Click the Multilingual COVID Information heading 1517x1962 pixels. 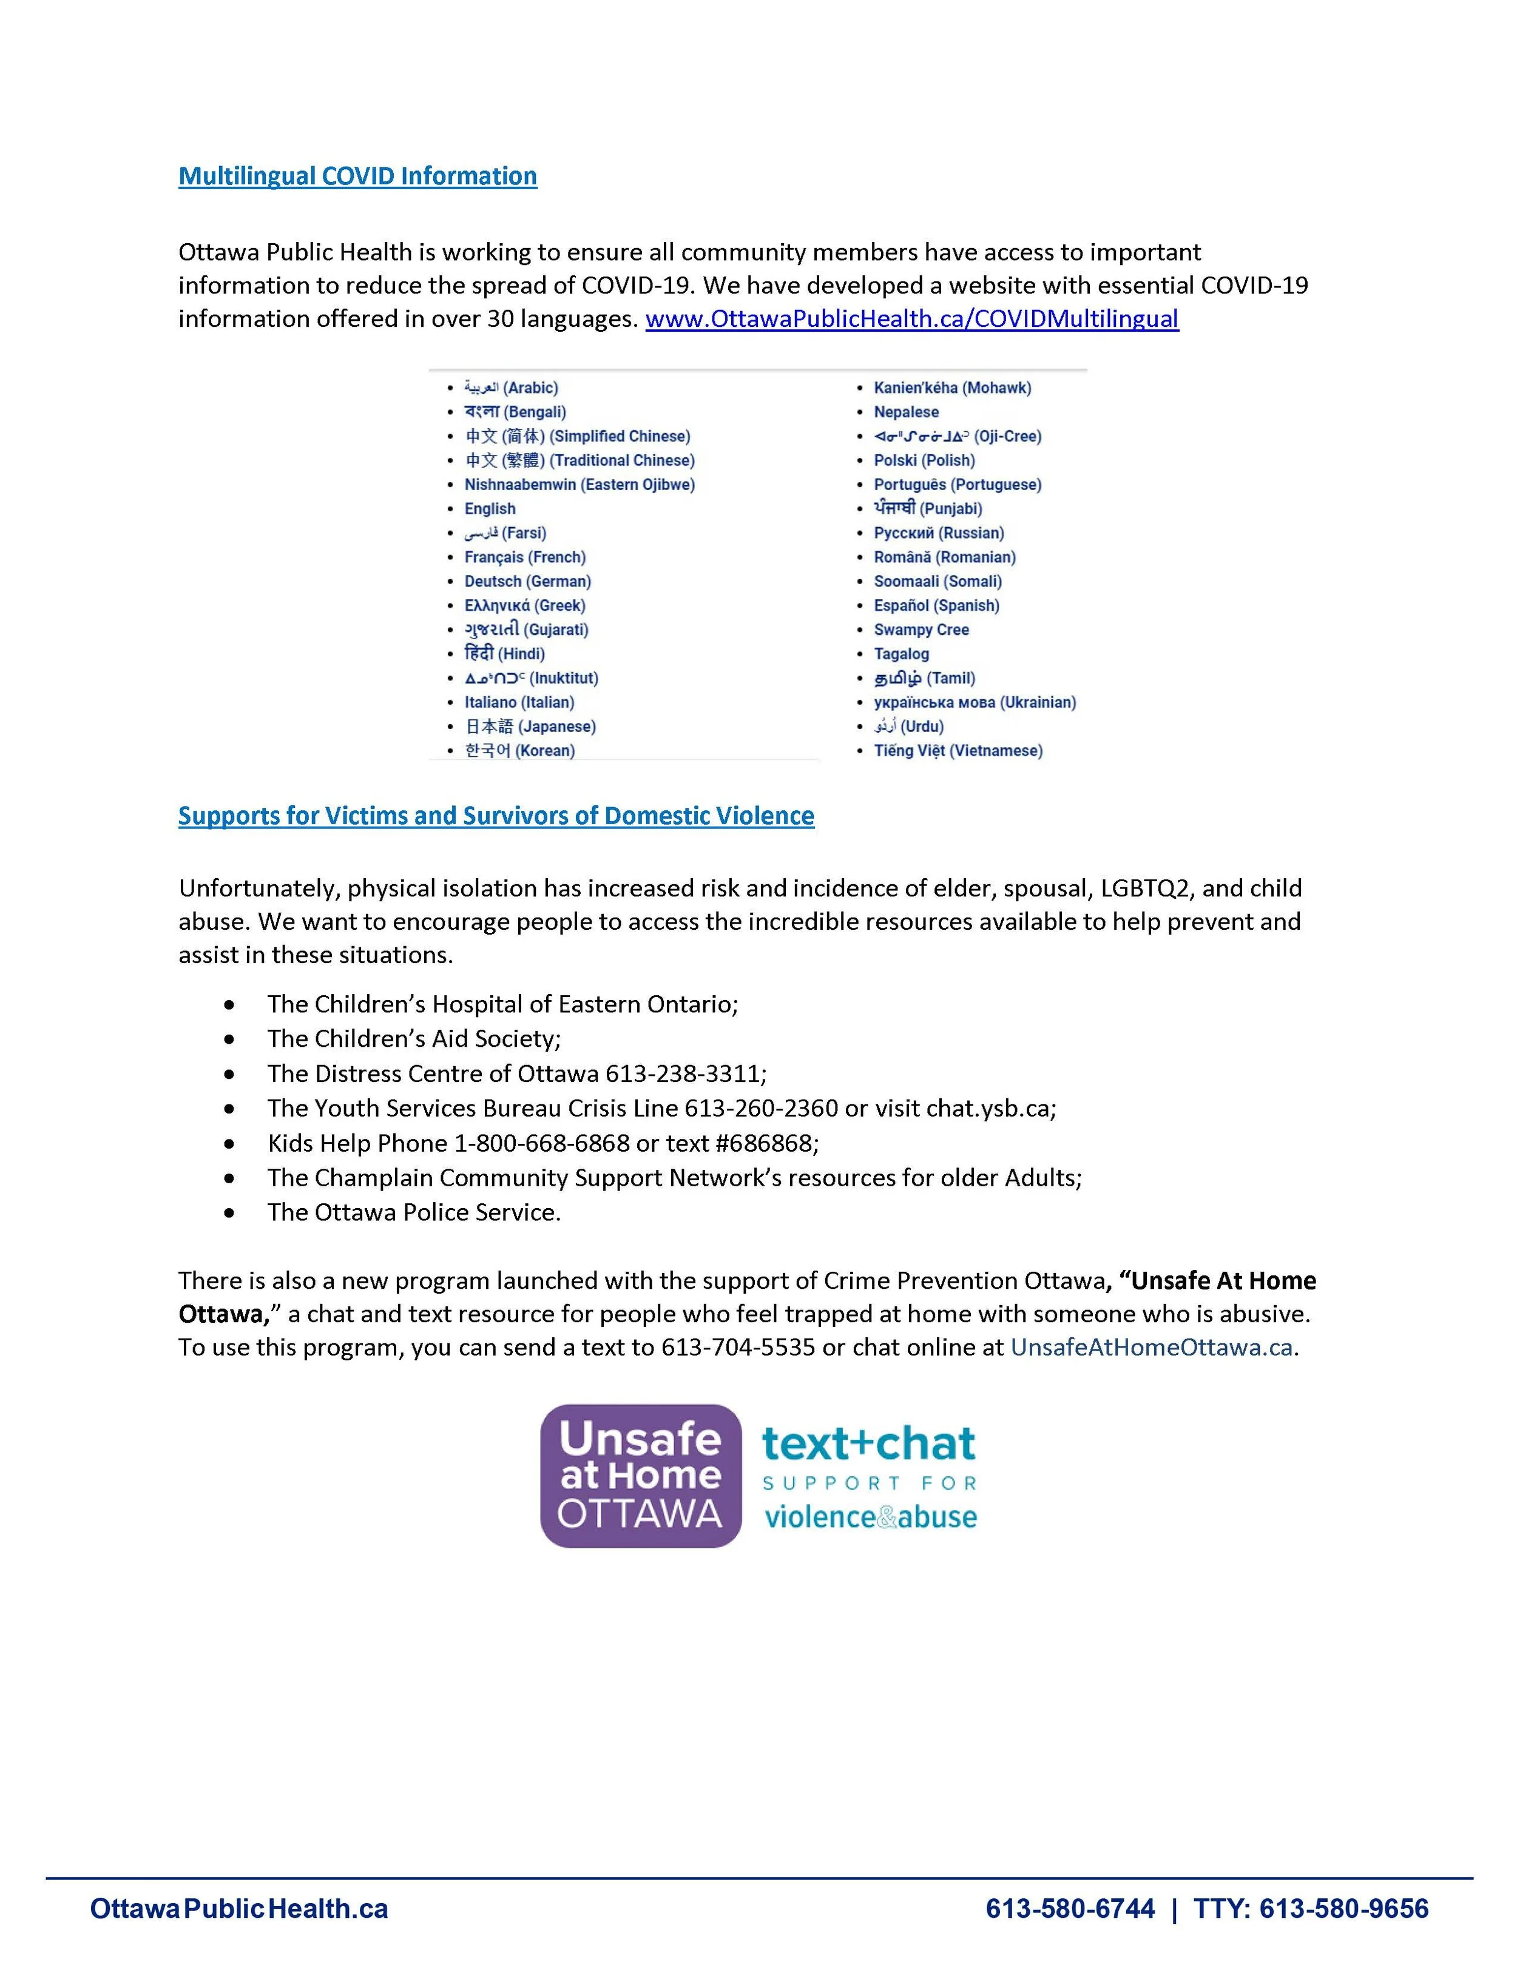[x=357, y=176]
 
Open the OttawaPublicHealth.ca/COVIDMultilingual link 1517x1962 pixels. [x=911, y=319]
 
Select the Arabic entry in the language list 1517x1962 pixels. [x=510, y=388]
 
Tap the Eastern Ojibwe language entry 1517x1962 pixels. [x=579, y=485]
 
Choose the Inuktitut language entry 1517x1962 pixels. [x=531, y=678]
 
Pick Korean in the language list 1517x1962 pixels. [x=519, y=751]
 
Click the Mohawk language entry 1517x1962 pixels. [x=951, y=388]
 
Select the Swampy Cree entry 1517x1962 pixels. [x=921, y=630]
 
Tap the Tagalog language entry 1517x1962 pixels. [x=900, y=654]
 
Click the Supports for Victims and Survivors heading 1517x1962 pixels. [x=496, y=816]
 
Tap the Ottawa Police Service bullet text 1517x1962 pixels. [x=413, y=1213]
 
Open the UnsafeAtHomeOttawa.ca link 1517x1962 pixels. [x=1151, y=1348]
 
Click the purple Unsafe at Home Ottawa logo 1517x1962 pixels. [x=640, y=1476]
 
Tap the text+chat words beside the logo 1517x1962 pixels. [x=868, y=1443]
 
